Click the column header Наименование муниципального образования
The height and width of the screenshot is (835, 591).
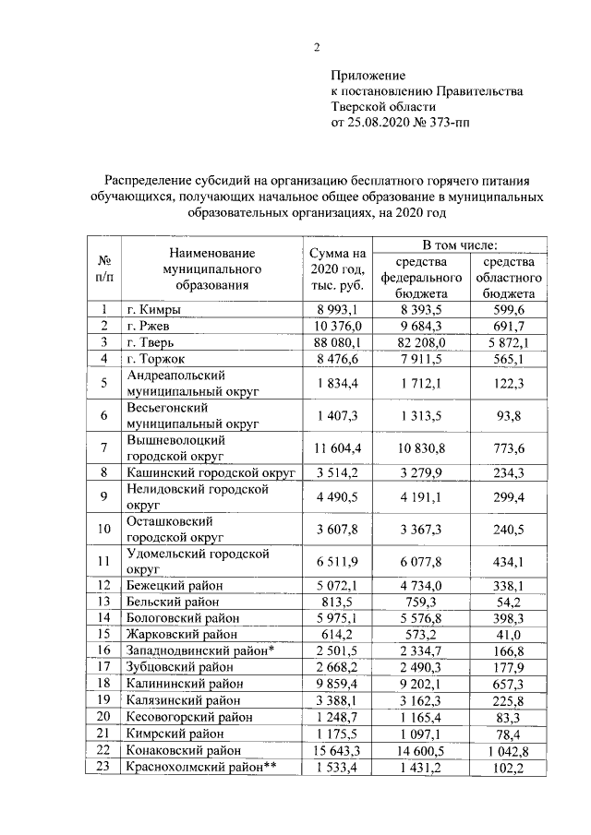(211, 268)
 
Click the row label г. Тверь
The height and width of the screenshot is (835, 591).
(155, 341)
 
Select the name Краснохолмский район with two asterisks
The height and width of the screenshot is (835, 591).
(195, 768)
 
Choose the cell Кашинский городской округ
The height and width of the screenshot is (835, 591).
(211, 472)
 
